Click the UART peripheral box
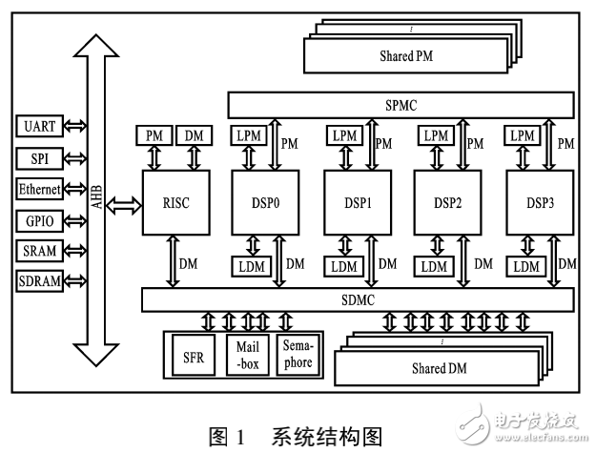click(40, 126)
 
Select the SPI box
click(40, 157)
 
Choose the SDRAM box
click(40, 281)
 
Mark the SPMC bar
click(400, 104)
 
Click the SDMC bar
click(358, 301)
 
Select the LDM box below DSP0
click(251, 264)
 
